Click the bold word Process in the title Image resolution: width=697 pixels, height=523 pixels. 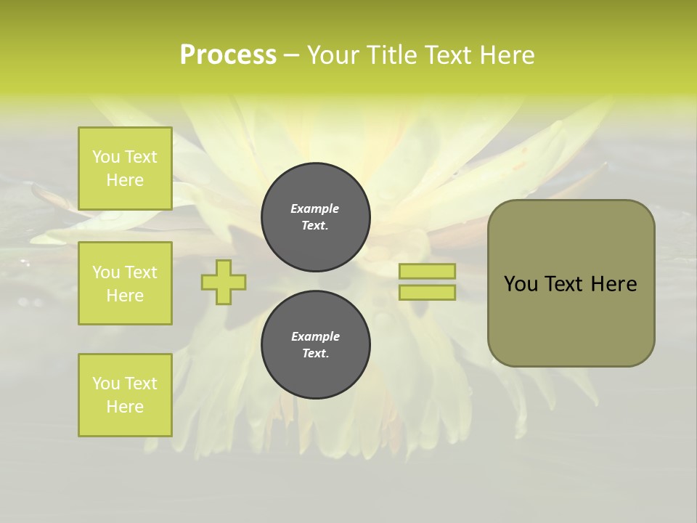[x=228, y=55]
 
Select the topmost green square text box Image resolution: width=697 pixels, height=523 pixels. [x=125, y=169]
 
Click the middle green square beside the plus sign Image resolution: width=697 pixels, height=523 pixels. [x=125, y=283]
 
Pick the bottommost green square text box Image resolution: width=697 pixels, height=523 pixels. [x=125, y=395]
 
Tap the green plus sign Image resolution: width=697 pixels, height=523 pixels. [x=224, y=282]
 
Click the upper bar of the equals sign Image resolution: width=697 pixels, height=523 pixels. [x=427, y=272]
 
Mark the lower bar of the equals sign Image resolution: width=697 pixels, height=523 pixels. [x=427, y=293]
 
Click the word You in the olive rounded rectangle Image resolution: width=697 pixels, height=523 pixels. [x=521, y=284]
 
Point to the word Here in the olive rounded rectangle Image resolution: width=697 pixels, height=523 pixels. [x=614, y=284]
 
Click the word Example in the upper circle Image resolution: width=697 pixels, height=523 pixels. [x=315, y=208]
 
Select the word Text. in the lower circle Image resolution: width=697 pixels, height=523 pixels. [x=315, y=354]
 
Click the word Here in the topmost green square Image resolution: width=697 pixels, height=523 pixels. [x=125, y=180]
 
